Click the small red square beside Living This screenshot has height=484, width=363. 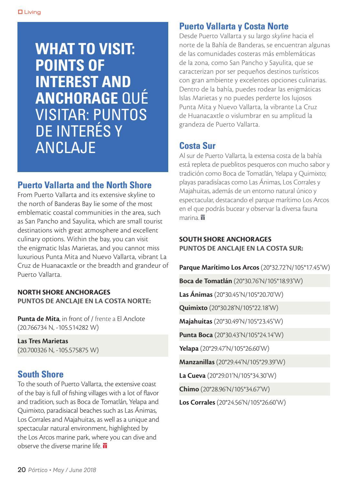[x=20, y=12]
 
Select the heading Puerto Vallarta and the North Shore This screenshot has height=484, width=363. [x=84, y=185]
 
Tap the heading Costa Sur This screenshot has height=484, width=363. [x=197, y=146]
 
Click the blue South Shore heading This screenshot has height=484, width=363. [x=40, y=375]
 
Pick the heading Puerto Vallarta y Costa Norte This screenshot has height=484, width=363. [x=233, y=26]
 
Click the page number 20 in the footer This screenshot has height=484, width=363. [x=21, y=470]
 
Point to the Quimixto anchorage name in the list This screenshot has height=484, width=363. [x=193, y=308]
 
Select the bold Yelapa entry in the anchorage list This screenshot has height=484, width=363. [x=189, y=348]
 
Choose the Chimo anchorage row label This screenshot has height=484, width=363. [x=189, y=389]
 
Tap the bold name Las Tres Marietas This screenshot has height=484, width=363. [x=43, y=341]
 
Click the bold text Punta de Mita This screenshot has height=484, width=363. [x=38, y=319]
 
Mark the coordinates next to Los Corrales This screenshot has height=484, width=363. [x=251, y=403]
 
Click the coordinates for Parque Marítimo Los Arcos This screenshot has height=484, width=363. [x=295, y=267]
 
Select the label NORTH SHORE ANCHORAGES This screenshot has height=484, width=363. [x=64, y=292]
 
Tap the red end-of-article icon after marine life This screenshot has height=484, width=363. [x=105, y=446]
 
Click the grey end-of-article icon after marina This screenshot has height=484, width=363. [x=202, y=218]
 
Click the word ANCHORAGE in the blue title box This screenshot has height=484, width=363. [x=76, y=98]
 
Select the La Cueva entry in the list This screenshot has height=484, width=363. [x=192, y=376]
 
